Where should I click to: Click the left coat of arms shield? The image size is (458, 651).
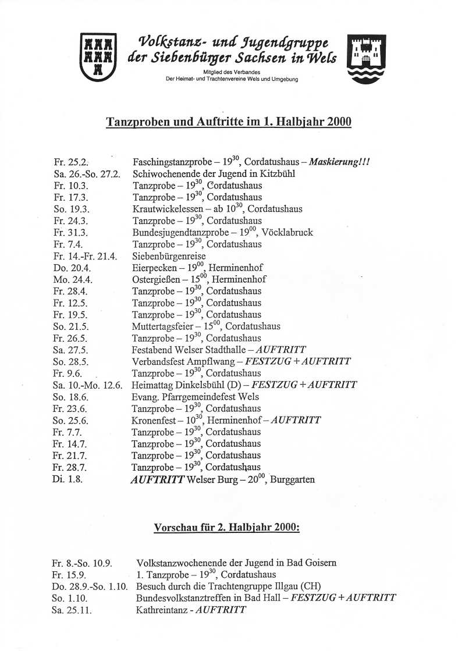[x=98, y=56]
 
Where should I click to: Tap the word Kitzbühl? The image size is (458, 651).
[x=275, y=174]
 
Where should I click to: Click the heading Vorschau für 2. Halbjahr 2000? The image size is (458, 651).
[x=227, y=528]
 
